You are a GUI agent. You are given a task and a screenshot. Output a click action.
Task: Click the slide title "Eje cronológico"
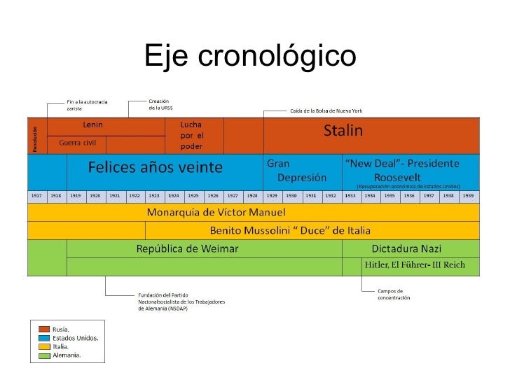click(250, 57)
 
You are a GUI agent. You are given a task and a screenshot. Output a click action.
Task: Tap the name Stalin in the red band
click(343, 131)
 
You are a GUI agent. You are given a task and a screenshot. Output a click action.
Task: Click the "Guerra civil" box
click(77, 143)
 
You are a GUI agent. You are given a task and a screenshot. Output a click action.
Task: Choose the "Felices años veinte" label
click(155, 168)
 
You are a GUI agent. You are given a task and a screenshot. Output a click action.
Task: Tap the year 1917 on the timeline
click(36, 195)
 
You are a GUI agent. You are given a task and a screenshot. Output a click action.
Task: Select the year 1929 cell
click(271, 195)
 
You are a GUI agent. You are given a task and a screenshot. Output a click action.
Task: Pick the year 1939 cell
click(467, 195)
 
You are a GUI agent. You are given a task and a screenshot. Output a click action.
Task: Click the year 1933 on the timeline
click(350, 195)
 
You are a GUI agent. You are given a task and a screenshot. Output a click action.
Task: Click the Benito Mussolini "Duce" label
click(290, 230)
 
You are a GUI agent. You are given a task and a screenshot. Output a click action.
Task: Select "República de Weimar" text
click(187, 249)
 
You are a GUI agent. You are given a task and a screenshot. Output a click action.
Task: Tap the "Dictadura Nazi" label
click(406, 249)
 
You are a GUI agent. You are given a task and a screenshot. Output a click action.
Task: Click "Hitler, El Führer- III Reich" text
click(413, 266)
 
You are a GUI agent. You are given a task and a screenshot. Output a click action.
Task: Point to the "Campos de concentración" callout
click(394, 294)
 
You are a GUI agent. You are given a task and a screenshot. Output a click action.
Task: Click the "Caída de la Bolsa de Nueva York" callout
click(326, 111)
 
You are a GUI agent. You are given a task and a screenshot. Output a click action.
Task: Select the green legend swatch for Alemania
click(44, 355)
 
